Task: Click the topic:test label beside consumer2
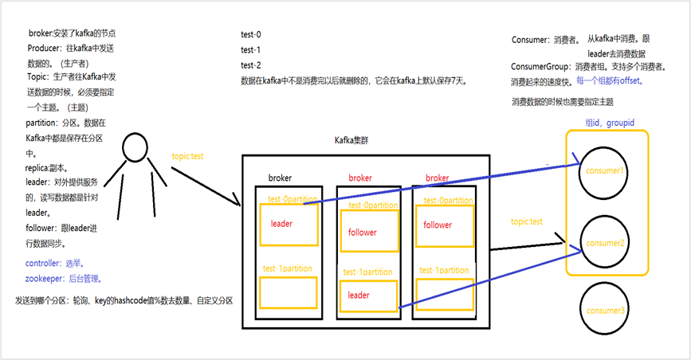527,221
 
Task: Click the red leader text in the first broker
282,224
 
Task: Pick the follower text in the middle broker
363,233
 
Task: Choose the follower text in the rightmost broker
438,225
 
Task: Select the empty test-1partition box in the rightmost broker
444,294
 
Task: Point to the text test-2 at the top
251,65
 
